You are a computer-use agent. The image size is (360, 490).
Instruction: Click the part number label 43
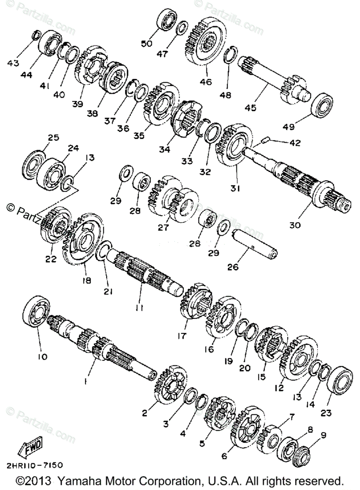(x=13, y=63)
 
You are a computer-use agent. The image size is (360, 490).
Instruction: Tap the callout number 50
(x=146, y=43)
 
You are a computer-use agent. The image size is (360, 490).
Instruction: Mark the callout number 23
(x=326, y=413)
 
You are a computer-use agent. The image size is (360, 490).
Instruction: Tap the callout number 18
(x=87, y=281)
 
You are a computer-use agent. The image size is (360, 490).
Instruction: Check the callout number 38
(x=92, y=114)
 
